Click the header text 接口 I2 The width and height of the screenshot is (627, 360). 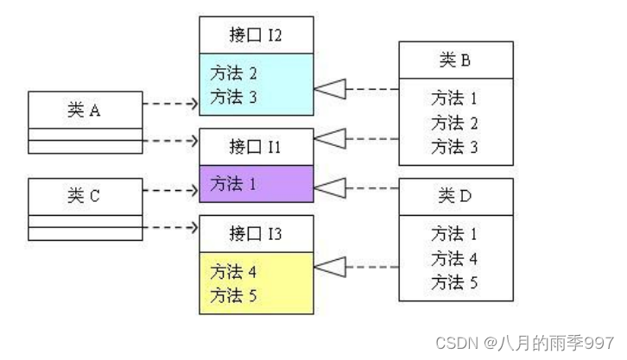[256, 35]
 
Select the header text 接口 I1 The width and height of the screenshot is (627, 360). [256, 146]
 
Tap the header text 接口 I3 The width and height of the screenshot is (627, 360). [256, 232]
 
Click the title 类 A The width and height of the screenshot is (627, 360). [85, 110]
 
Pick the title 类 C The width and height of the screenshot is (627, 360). [85, 196]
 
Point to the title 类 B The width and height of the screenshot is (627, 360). [455, 60]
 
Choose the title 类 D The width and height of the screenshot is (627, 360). [455, 196]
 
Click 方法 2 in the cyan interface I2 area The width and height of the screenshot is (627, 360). [234, 73]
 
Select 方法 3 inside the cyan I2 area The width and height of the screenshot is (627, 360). [234, 97]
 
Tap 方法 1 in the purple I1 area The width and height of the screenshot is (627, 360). [234, 183]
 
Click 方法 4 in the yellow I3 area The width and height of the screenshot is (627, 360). [234, 271]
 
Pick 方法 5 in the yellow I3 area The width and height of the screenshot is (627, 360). [234, 295]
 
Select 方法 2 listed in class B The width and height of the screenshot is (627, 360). [455, 123]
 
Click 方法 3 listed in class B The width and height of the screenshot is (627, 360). [455, 147]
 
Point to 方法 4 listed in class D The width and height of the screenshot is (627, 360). [455, 258]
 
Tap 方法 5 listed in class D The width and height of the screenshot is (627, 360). [455, 282]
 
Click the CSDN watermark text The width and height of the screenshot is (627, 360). [524, 343]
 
